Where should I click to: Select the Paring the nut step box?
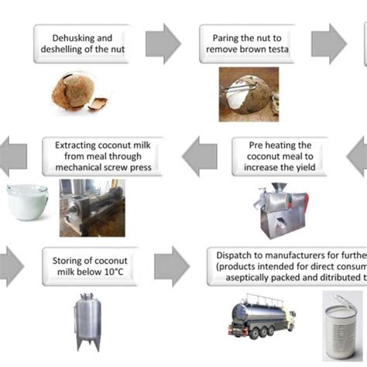[249, 44]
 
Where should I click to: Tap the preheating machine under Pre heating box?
[280, 210]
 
